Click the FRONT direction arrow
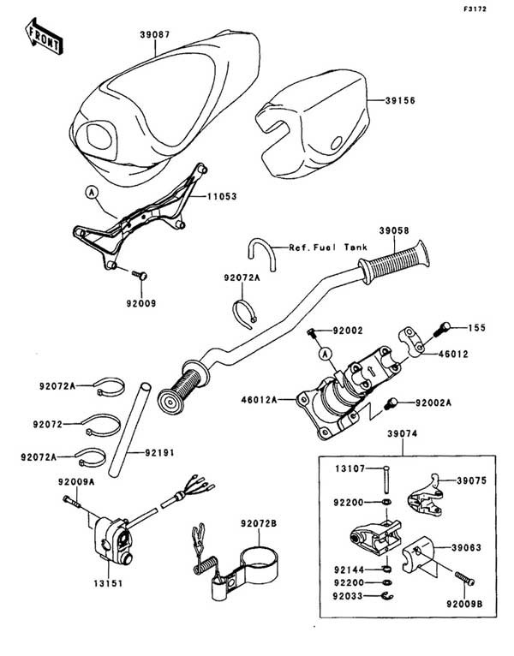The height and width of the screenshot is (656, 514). (x=44, y=36)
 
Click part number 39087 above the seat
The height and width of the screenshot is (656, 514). (x=155, y=34)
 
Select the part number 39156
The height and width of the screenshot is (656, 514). (x=400, y=100)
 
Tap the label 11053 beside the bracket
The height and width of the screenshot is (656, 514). (x=222, y=196)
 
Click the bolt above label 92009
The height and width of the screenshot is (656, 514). (x=140, y=275)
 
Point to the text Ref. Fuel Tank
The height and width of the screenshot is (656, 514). (x=328, y=247)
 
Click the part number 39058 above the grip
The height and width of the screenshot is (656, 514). (x=394, y=230)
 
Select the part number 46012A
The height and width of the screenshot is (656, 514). (x=259, y=400)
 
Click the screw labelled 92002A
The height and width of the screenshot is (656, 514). (x=390, y=403)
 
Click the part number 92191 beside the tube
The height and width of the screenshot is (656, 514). (x=159, y=453)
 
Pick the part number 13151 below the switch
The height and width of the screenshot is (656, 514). (x=108, y=583)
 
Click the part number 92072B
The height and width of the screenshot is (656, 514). (x=258, y=523)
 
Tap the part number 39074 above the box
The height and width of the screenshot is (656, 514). (x=403, y=434)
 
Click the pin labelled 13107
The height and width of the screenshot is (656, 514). (x=385, y=480)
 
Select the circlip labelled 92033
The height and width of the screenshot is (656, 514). (x=385, y=596)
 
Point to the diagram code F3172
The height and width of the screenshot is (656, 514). (x=475, y=9)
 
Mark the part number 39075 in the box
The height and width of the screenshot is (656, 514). (x=472, y=480)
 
